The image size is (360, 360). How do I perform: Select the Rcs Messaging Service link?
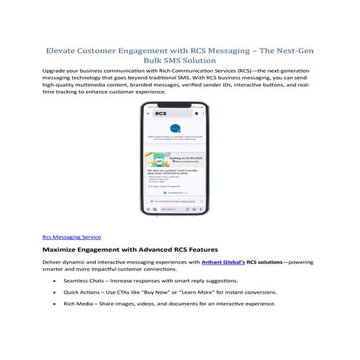pos(71,236)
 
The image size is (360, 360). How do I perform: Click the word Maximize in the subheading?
pos(65,249)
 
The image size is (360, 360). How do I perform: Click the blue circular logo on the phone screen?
pos(175,127)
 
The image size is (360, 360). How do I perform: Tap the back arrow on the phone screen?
pos(150,114)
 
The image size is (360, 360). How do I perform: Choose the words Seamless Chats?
pos(85,280)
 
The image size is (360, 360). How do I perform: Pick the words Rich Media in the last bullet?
pos(79,303)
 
